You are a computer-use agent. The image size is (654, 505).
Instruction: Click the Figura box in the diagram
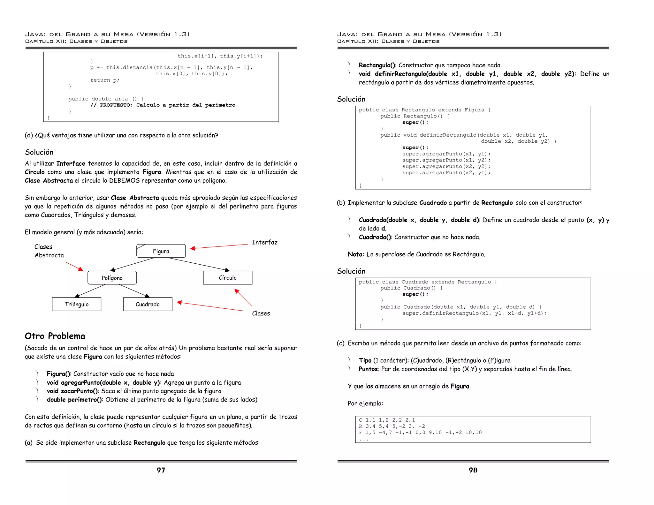(x=161, y=251)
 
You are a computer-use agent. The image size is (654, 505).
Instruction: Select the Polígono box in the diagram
(x=112, y=278)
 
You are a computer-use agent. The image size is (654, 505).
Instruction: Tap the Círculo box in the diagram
(x=228, y=278)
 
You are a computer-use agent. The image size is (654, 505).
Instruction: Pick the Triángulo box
(x=77, y=304)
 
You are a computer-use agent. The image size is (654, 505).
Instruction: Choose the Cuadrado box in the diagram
(x=148, y=304)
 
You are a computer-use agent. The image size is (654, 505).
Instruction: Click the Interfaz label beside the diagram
(x=264, y=242)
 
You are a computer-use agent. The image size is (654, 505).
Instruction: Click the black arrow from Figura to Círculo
(x=198, y=264)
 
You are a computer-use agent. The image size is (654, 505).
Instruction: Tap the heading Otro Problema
(x=55, y=336)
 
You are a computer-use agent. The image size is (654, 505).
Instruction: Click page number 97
(x=161, y=470)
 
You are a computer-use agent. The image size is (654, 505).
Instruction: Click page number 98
(x=473, y=470)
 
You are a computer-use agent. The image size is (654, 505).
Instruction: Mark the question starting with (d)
(x=121, y=135)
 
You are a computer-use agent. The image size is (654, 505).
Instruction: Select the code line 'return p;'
(x=105, y=80)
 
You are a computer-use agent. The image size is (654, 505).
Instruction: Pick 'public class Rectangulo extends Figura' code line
(x=424, y=110)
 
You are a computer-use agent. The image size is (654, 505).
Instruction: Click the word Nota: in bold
(x=356, y=254)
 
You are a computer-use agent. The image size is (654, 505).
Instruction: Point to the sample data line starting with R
(x=392, y=426)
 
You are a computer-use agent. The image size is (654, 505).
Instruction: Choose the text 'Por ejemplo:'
(x=365, y=403)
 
